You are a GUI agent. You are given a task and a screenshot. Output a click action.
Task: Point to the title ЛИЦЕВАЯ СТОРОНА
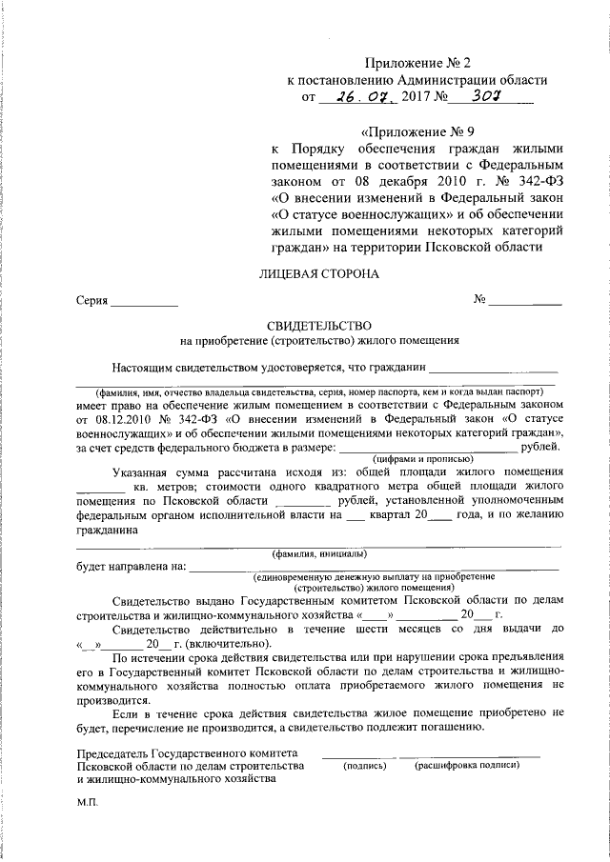[x=319, y=273]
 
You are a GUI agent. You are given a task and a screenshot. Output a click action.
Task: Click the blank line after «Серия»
[x=144, y=304]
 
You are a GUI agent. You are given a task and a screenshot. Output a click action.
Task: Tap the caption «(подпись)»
[x=364, y=765]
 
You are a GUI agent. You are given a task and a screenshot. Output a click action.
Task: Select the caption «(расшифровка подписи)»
[x=466, y=765]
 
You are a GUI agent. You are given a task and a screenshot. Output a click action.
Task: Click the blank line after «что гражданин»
[x=493, y=366]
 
